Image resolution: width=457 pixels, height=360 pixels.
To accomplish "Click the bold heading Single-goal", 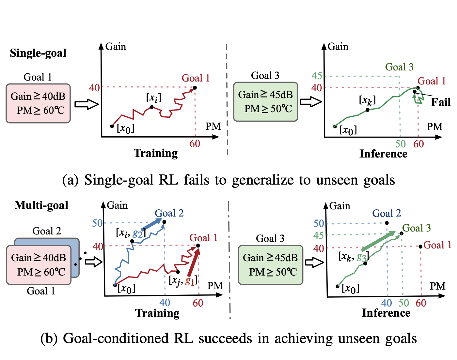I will click(x=38, y=53).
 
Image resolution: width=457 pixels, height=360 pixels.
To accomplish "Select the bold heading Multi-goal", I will click(x=41, y=205).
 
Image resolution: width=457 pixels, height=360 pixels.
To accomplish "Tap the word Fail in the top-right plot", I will click(x=440, y=102).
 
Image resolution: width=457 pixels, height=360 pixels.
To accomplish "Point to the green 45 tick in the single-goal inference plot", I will click(x=317, y=76).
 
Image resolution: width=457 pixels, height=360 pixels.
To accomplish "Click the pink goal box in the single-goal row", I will click(x=38, y=103).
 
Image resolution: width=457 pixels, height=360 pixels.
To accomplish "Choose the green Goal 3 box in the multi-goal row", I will click(x=270, y=265).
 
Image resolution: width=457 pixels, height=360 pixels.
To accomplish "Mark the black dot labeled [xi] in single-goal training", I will click(x=152, y=107).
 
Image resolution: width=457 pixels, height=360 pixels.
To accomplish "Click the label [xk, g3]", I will click(x=354, y=257).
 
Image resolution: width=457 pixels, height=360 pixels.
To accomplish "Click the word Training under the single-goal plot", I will click(x=156, y=153).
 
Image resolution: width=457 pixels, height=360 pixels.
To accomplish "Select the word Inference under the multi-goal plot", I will click(x=386, y=313).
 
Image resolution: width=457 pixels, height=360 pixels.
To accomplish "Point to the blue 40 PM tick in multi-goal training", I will click(x=165, y=303).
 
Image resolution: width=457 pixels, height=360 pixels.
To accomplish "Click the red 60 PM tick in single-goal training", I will click(x=195, y=144).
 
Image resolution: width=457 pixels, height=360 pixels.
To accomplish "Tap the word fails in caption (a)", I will click(x=197, y=180).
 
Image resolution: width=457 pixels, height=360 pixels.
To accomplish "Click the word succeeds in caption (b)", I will click(x=226, y=338).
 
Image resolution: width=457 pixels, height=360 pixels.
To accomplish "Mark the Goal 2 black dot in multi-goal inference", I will click(x=387, y=223).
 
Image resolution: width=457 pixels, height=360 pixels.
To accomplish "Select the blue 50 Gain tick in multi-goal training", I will click(x=97, y=223).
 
